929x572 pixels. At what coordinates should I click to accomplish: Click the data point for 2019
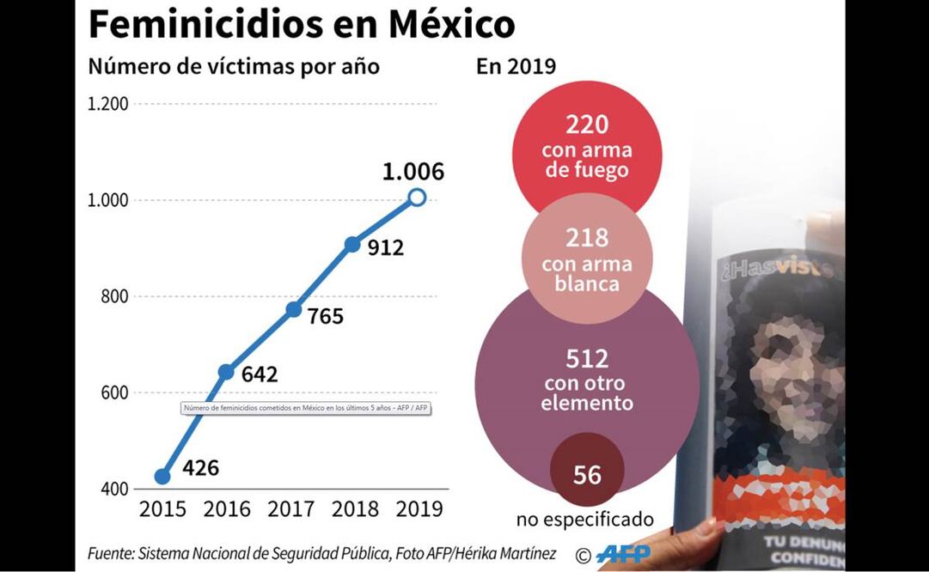[417, 198]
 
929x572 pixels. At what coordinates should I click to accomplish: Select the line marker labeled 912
[352, 244]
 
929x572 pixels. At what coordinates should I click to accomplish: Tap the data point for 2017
[293, 309]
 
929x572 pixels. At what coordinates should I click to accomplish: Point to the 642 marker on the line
[226, 372]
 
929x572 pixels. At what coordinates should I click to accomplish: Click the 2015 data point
[162, 476]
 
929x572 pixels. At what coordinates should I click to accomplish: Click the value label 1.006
[413, 171]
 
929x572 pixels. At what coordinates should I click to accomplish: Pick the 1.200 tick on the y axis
[108, 104]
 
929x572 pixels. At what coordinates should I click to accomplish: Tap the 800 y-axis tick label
[113, 296]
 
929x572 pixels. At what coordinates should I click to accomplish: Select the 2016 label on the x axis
[226, 508]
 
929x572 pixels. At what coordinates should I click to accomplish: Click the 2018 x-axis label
[355, 508]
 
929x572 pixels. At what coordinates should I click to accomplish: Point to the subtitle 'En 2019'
[516, 67]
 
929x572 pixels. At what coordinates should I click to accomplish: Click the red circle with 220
[587, 146]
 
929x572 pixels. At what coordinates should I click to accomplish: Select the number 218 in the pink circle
[587, 238]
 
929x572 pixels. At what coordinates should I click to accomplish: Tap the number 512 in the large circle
[587, 358]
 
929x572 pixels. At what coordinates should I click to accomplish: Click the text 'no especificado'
[585, 520]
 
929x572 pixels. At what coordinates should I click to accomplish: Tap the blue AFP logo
[624, 554]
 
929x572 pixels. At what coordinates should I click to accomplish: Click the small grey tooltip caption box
[305, 408]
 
